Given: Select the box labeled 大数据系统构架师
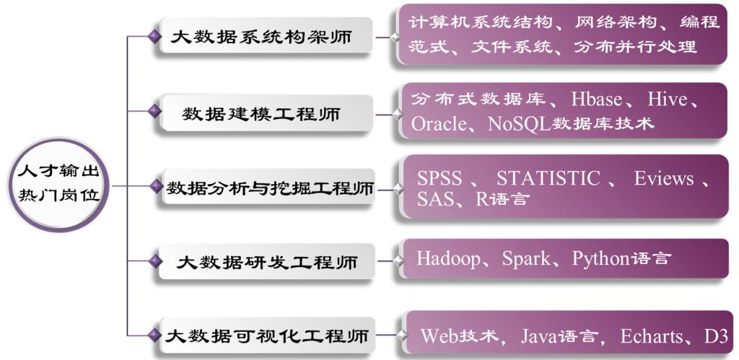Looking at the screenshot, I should point(264,37).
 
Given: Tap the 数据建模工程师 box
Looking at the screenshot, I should point(264,113).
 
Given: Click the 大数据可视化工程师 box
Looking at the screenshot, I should point(267,335).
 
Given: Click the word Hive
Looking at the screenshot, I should point(668,99).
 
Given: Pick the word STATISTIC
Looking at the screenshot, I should point(548,178).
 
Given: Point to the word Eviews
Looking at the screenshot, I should point(664,178).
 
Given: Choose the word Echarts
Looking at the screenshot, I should point(651,335).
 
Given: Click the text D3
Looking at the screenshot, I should point(715,335).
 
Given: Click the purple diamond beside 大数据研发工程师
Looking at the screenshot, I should point(154,260).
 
